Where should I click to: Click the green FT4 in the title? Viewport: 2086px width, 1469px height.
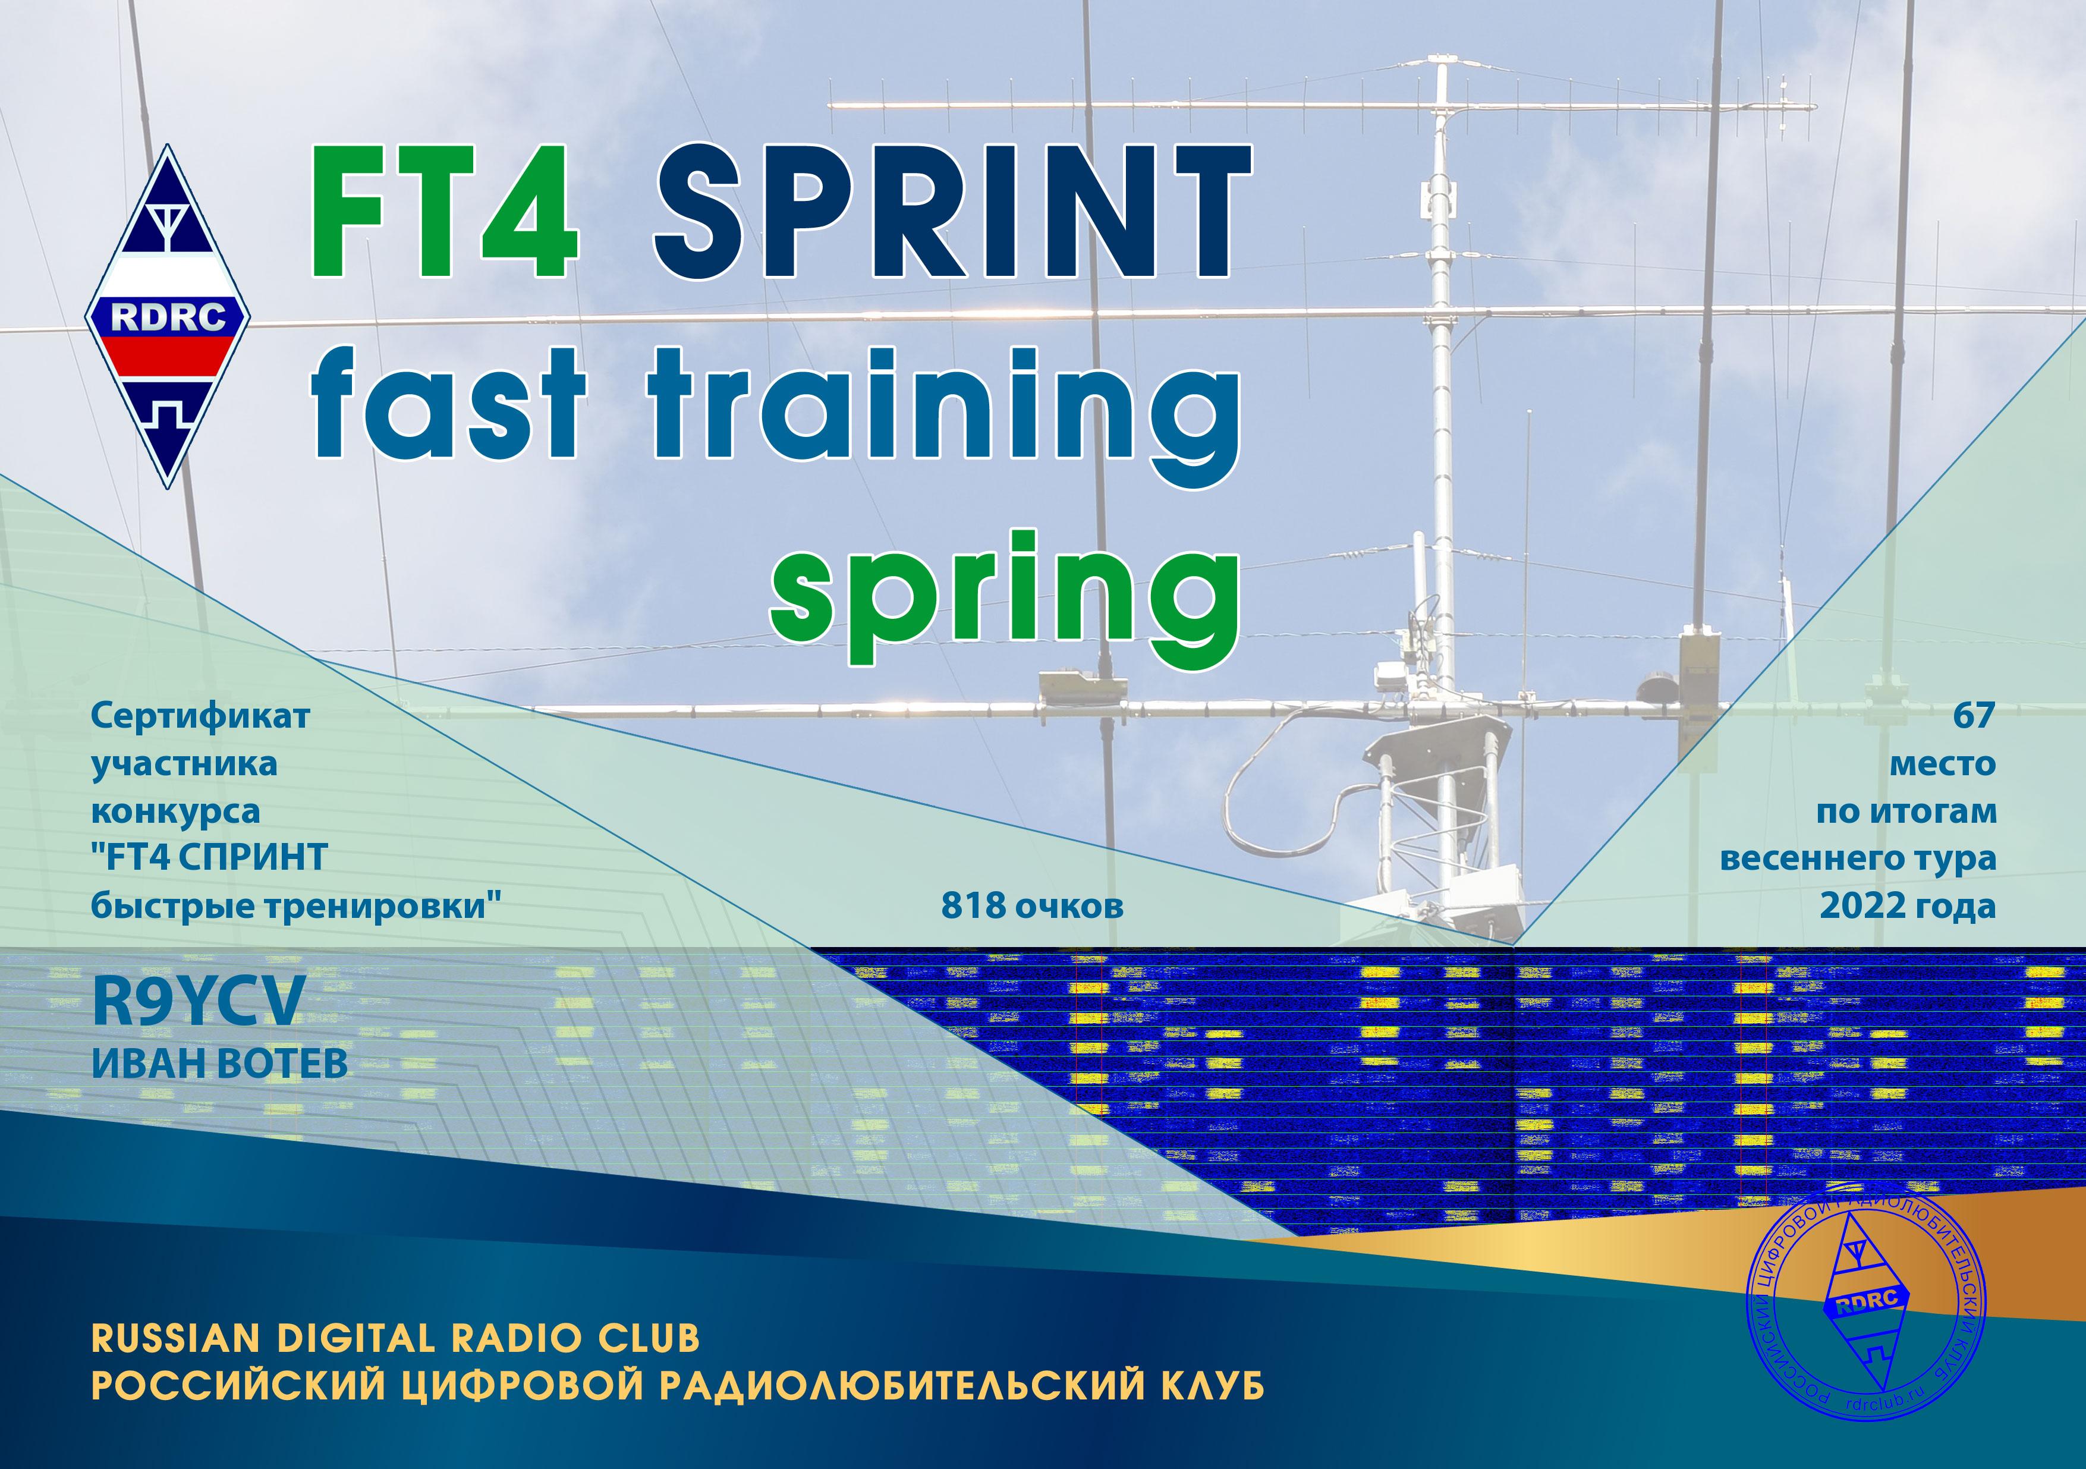click(446, 213)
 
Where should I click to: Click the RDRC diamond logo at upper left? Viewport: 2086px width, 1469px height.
click(168, 316)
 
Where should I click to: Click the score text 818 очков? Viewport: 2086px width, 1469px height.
click(1032, 906)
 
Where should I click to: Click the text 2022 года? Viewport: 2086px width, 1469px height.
click(1908, 906)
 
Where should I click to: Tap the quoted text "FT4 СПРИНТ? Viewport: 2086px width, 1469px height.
click(209, 858)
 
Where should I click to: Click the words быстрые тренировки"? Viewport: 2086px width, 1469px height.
click(296, 906)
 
